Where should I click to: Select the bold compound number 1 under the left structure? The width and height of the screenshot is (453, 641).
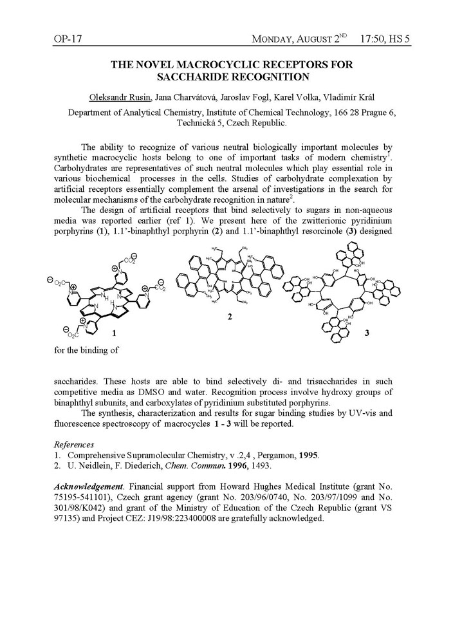click(x=114, y=334)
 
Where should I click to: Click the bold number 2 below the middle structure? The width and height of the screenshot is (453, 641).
click(x=229, y=317)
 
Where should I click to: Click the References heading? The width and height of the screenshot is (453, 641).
click(x=74, y=444)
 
